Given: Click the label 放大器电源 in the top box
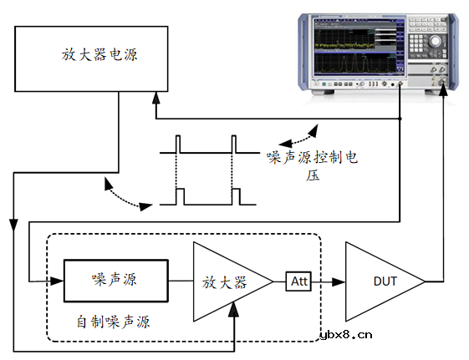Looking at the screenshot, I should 99,55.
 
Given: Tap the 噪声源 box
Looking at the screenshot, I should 115,280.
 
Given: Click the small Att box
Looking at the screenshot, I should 298,281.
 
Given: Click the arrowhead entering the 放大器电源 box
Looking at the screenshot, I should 155,98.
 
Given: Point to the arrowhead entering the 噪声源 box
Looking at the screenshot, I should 59,281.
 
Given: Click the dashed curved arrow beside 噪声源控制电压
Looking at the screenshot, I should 299,132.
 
